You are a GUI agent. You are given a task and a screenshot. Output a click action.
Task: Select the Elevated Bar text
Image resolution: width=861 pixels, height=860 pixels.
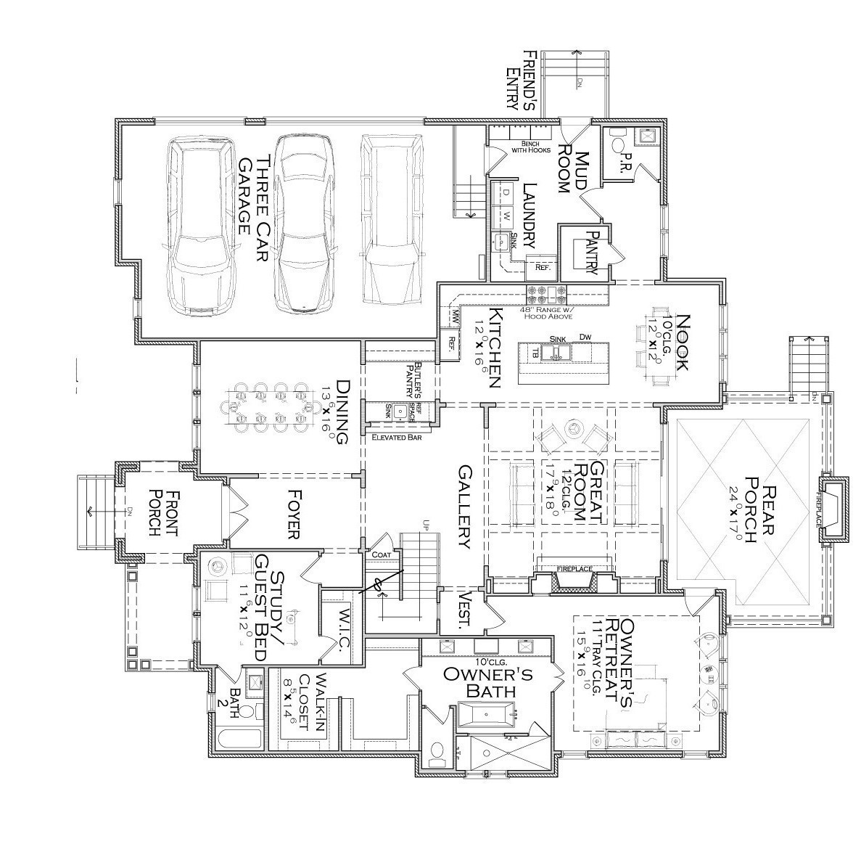[396, 437]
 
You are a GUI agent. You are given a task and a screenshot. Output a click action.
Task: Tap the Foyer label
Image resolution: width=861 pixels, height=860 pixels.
[293, 515]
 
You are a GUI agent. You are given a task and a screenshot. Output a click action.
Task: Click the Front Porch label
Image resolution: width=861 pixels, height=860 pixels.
[161, 512]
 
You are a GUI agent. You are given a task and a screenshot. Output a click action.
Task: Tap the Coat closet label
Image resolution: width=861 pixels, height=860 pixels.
[381, 554]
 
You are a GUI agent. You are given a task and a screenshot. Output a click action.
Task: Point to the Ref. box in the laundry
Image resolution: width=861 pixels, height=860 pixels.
[543, 267]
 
